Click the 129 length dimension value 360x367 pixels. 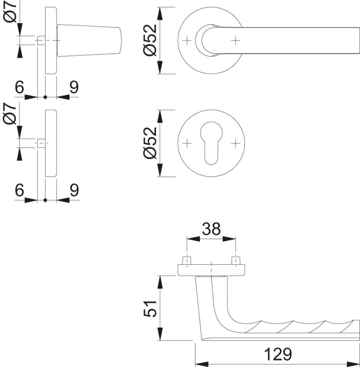tap(278, 354)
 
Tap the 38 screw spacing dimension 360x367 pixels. tap(211, 229)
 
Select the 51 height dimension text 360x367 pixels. tap(150, 309)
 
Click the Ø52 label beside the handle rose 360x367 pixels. tap(150, 40)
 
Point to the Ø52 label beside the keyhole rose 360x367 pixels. tap(150, 143)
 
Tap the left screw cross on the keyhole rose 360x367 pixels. tap(187, 143)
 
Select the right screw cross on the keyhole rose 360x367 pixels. tap(235, 143)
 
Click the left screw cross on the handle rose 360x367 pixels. tap(187, 41)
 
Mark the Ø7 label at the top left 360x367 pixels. tap(10, 12)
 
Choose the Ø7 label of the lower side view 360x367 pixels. tap(10, 114)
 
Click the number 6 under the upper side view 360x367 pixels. tap(19, 87)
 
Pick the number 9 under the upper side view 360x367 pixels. tap(74, 87)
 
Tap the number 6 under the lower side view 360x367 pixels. tap(19, 190)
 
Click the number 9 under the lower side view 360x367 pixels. tap(74, 190)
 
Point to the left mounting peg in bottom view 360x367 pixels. tap(187, 261)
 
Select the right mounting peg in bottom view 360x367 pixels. tap(235, 261)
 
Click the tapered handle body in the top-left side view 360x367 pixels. tap(89, 40)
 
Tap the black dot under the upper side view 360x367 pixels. tap(46, 97)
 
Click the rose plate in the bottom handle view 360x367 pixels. tap(211, 270)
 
